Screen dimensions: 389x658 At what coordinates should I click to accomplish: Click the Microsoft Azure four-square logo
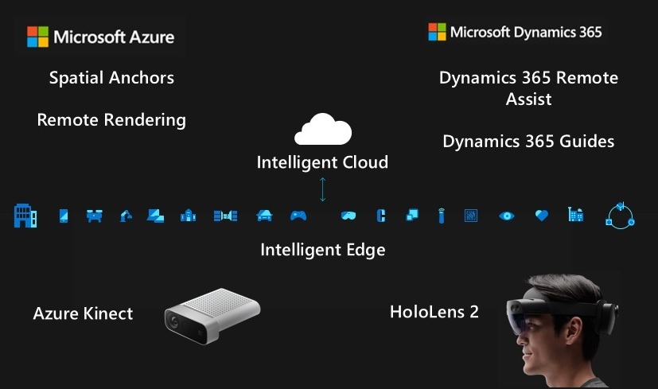[x=37, y=37]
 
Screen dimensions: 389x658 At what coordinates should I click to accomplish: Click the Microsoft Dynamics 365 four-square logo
[x=437, y=32]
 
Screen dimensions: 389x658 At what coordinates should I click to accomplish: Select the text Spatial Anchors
[x=111, y=77]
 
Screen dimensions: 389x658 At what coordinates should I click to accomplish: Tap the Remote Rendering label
[x=111, y=120]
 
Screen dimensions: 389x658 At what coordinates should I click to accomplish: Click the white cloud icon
[x=322, y=129]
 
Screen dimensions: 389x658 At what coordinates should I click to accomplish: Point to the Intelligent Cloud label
[x=322, y=162]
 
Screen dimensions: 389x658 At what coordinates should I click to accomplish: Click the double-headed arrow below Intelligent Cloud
[x=322, y=189]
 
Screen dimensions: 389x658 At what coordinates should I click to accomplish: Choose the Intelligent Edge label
[x=322, y=250]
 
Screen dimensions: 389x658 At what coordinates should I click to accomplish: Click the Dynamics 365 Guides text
[x=528, y=142]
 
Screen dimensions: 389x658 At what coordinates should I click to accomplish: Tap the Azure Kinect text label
[x=83, y=313]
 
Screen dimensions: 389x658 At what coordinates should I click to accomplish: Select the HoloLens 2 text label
[x=434, y=311]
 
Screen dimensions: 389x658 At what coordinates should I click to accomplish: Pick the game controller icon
[x=298, y=215]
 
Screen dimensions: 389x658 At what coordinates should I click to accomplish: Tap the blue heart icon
[x=542, y=215]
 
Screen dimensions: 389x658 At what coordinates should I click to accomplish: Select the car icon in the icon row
[x=264, y=215]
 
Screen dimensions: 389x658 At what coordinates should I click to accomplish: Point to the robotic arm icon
[x=126, y=215]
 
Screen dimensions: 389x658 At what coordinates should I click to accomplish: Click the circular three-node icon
[x=620, y=216]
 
